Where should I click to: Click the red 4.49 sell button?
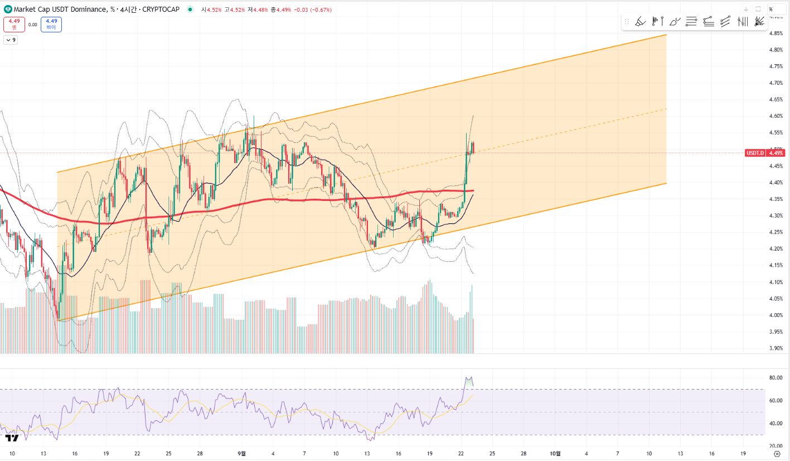14,24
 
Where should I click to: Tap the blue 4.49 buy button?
51,24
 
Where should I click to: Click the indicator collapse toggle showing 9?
11,40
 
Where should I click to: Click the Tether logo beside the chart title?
8,9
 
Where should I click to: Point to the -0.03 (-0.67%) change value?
313,9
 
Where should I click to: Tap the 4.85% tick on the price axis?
776,33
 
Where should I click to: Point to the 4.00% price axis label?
776,315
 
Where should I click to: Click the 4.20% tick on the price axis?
776,249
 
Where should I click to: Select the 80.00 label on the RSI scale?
776,378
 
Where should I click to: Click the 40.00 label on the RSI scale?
776,423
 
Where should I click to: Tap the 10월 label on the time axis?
555,453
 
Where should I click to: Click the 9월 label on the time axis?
241,453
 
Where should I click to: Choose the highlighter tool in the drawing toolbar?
641,22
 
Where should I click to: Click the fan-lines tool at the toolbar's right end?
759,22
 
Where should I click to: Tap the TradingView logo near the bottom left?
13,438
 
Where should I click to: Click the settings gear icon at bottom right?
777,453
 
